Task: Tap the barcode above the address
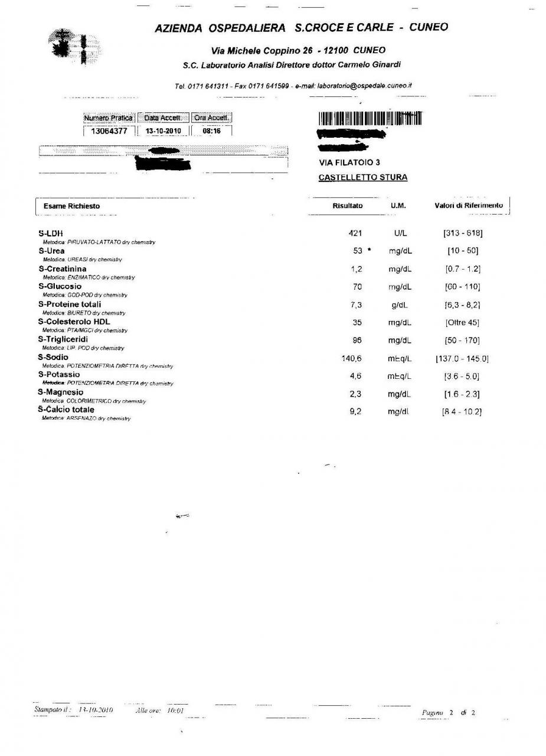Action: coord(370,118)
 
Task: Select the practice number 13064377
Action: coord(109,131)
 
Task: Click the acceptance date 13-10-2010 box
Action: coord(163,131)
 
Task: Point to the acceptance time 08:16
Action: coord(211,131)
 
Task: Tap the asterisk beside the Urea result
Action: coord(370,250)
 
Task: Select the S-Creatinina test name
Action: coord(63,269)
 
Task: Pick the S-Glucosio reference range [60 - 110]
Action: coord(463,287)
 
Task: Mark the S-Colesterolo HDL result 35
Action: coord(357,323)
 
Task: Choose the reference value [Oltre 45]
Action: coord(462,323)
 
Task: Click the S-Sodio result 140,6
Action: coord(351,358)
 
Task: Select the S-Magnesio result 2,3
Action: coord(355,394)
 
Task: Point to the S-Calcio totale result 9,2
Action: coord(355,411)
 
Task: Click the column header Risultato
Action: coord(348,206)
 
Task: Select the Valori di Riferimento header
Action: coord(469,206)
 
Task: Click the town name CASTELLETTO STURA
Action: coord(362,177)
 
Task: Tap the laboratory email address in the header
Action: coord(364,86)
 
